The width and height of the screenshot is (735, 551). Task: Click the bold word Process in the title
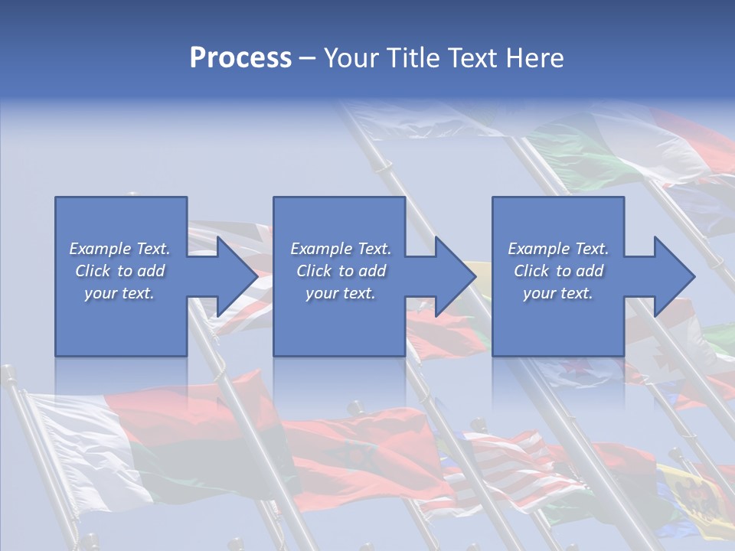[240, 58]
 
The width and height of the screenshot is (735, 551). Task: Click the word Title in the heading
[410, 58]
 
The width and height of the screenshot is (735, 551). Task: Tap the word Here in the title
[534, 58]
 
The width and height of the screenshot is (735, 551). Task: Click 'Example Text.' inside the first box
[119, 249]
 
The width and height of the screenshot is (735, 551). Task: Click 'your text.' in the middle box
[340, 293]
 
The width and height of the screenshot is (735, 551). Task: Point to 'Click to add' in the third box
[558, 271]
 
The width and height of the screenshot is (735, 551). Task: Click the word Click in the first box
[93, 271]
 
